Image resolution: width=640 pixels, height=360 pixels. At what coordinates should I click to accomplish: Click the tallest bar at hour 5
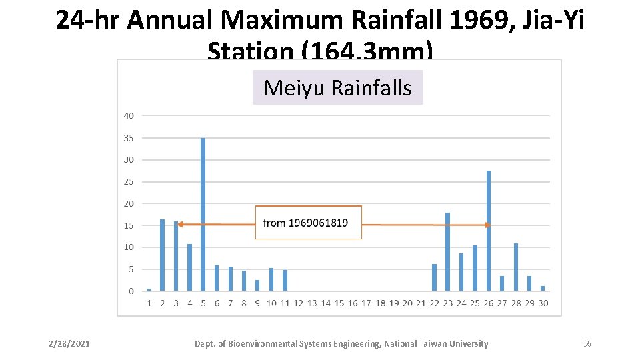(x=203, y=213)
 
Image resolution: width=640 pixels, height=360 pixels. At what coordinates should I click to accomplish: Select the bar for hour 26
(x=489, y=231)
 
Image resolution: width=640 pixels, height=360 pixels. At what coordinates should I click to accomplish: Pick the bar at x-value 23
(x=447, y=251)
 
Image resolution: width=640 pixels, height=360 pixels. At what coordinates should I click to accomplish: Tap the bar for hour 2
(x=162, y=255)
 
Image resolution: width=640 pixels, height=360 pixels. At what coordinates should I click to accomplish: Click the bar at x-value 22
(x=434, y=277)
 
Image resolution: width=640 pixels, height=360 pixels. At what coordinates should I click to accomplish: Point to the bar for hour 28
(x=516, y=267)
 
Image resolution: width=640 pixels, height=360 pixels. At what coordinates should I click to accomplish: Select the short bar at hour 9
(x=257, y=285)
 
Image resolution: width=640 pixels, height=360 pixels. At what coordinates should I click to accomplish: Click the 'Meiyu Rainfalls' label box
(x=337, y=87)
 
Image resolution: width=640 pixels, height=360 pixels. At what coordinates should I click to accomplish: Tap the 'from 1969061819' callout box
(x=309, y=223)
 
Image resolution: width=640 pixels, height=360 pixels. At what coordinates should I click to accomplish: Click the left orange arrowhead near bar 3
(x=180, y=225)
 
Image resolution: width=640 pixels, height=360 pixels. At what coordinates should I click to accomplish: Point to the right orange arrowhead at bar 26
(x=487, y=225)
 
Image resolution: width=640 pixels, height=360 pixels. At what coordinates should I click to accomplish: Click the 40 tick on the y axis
(x=128, y=115)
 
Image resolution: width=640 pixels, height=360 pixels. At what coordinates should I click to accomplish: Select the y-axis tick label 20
(x=128, y=203)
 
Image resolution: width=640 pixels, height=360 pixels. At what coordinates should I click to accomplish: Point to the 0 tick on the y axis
(x=131, y=291)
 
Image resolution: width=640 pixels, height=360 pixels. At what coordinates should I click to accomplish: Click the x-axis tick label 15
(x=339, y=303)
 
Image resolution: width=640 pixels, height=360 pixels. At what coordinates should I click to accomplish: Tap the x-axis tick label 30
(x=543, y=303)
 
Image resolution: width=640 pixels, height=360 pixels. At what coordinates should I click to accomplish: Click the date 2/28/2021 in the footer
(x=69, y=344)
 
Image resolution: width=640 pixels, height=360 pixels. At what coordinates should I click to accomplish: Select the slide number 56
(x=587, y=344)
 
